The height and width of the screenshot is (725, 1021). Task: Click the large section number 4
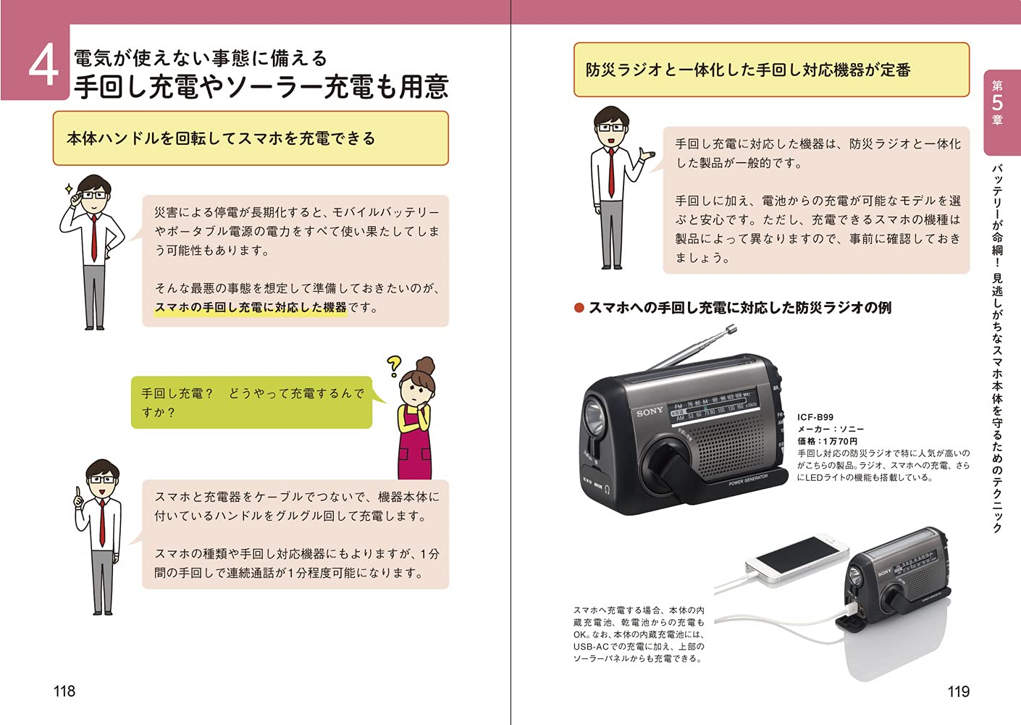pos(43,65)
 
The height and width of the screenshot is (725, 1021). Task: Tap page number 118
pos(64,691)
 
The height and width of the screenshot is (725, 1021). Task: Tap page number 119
pos(958,691)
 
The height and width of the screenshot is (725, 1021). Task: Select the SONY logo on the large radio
pos(650,411)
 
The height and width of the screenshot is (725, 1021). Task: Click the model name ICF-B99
pos(815,417)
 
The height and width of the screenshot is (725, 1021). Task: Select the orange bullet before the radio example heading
pos(579,308)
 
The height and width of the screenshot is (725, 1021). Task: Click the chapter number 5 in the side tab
pos(997,103)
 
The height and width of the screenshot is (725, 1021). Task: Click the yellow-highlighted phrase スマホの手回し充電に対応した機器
pos(251,307)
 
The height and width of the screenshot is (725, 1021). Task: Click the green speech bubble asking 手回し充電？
pos(251,403)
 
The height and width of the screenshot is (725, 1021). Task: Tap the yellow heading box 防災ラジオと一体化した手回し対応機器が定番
pos(770,70)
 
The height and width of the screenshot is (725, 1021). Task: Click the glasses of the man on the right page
pos(612,127)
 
